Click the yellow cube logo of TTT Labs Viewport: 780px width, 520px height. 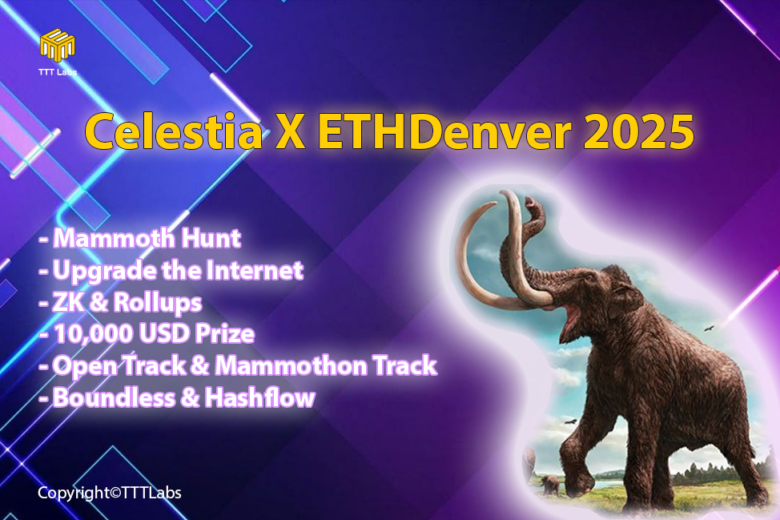click(58, 46)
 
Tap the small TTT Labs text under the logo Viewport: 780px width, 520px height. click(58, 72)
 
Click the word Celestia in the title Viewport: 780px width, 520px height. click(174, 132)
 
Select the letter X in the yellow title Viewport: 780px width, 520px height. click(290, 132)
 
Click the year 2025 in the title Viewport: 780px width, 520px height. click(638, 132)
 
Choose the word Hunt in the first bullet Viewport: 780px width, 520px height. click(211, 238)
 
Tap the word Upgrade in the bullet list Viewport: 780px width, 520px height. click(104, 271)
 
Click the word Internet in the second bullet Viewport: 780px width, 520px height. click(254, 270)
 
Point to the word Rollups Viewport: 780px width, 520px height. click(158, 303)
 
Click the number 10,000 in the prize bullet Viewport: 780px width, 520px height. click(93, 334)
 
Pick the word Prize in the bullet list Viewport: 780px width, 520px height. click(225, 334)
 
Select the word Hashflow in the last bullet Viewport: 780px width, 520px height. click(260, 397)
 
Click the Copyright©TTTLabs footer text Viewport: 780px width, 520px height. click(110, 493)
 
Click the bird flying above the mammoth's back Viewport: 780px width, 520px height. click(710, 329)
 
